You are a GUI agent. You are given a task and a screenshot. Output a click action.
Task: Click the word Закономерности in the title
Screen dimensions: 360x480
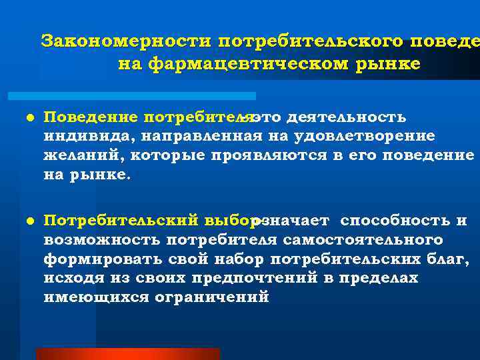[125, 41]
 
